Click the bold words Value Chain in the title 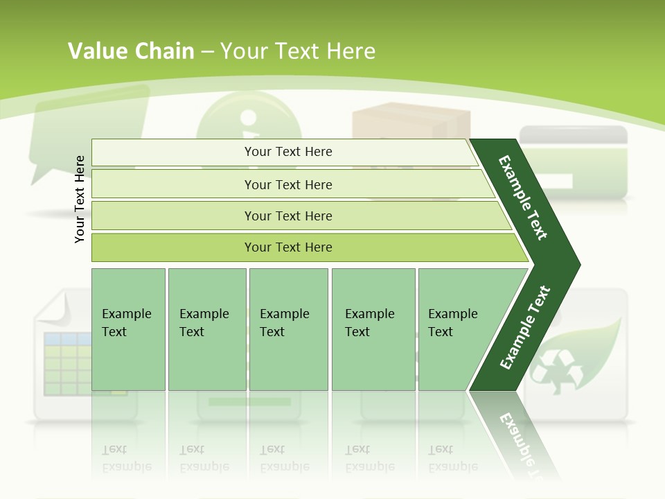pos(131,51)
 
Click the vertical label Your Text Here pos(80,199)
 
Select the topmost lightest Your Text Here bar pos(284,152)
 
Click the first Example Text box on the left pos(128,329)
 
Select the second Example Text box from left pos(206,329)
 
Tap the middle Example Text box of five pos(288,329)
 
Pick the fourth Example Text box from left pos(373,329)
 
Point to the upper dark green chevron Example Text pos(524,198)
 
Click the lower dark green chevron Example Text pos(525,327)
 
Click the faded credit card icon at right pos(574,159)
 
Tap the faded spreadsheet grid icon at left pos(66,364)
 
